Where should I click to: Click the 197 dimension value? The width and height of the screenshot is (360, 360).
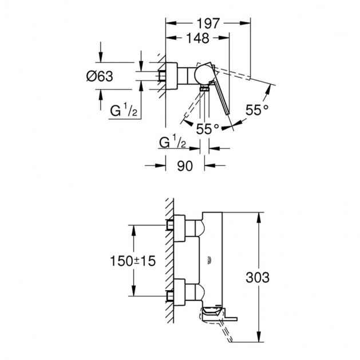tap(208, 23)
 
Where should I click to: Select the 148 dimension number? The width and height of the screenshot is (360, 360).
tap(197, 38)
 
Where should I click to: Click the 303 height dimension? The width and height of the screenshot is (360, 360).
tap(258, 277)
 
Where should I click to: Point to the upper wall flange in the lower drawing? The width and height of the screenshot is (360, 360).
tap(179, 226)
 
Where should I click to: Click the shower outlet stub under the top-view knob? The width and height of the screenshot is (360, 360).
tap(203, 89)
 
